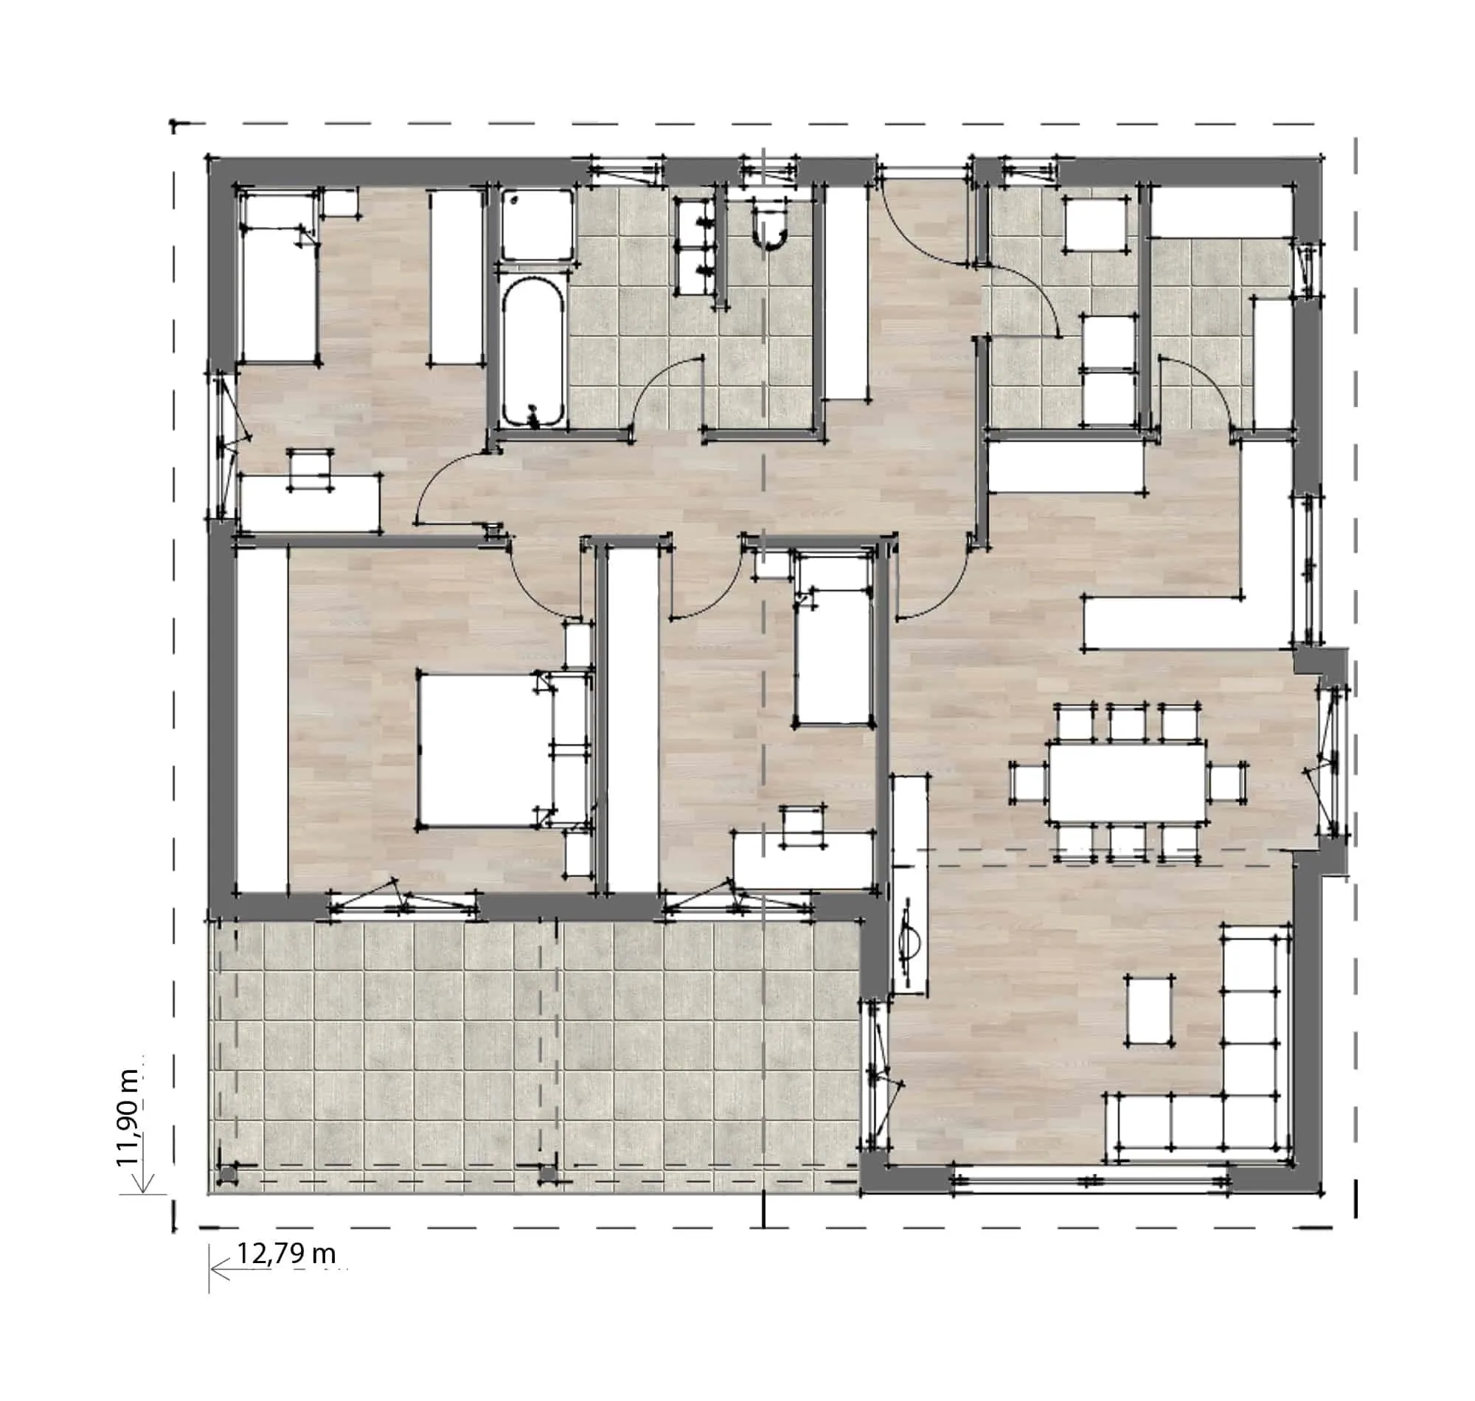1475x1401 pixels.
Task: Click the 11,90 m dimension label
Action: (x=128, y=1117)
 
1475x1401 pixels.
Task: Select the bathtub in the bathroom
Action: (x=532, y=353)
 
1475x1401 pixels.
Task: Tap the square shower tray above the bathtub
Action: (x=538, y=224)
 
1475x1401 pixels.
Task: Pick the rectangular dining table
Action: (x=1125, y=780)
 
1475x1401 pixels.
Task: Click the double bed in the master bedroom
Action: (x=486, y=749)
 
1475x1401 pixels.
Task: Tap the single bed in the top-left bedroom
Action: (x=278, y=277)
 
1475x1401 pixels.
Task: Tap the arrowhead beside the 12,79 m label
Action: (x=220, y=1268)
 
